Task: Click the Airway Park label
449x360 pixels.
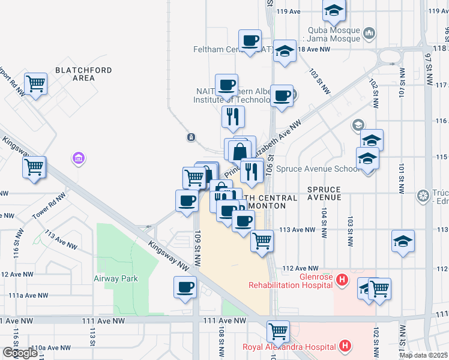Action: coord(116,278)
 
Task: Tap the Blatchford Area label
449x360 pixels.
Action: coord(83,74)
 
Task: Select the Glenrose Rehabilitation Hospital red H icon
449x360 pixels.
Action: coord(342,280)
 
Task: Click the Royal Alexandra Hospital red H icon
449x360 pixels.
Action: coord(345,346)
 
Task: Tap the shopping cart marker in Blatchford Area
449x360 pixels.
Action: coord(36,83)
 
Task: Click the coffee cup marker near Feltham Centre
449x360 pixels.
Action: coord(250,41)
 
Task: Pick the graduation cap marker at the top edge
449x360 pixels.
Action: coord(334,10)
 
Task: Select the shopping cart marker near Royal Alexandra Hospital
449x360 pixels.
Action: coord(278,331)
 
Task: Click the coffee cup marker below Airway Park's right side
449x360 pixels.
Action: coord(185,286)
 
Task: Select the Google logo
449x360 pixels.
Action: coord(20,353)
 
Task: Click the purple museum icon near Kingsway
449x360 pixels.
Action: coord(77,158)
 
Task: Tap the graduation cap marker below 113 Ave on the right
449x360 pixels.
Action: coord(403,241)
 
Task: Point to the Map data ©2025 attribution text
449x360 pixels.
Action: coord(424,355)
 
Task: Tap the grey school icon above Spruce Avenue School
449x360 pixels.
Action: coord(358,125)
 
